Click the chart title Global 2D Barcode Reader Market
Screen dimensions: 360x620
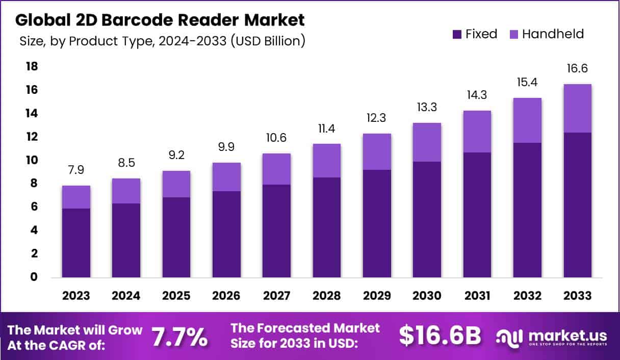tap(160, 20)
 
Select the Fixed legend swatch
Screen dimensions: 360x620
tap(457, 35)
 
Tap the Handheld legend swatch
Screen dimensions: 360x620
tap(514, 35)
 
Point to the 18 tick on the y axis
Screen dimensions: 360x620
tap(32, 67)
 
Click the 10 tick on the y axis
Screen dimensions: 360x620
tap(32, 160)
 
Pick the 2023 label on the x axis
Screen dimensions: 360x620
tap(76, 296)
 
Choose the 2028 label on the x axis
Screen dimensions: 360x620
tap(327, 296)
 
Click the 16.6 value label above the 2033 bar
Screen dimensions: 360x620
tap(578, 69)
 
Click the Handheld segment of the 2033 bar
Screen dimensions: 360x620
tap(578, 108)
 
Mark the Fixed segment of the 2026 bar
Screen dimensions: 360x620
tap(227, 234)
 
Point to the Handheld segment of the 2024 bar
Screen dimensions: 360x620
tap(126, 191)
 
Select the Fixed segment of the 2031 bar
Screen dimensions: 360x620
tap(477, 215)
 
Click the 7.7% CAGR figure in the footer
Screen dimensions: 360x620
tap(180, 337)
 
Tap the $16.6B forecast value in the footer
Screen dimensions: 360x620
tap(440, 336)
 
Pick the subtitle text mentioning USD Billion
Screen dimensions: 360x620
tap(162, 41)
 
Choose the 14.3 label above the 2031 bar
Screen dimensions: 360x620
tap(477, 95)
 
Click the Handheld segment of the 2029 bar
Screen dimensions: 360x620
tap(377, 151)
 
